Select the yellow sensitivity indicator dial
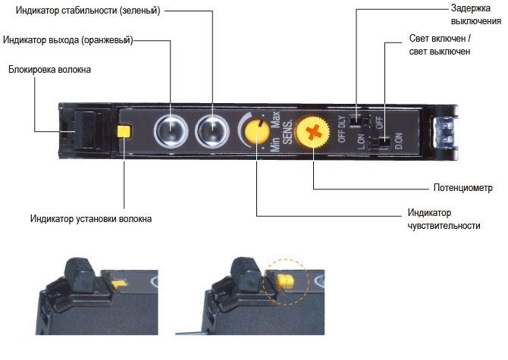pyautogui.click(x=257, y=131)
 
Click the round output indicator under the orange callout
pyautogui.click(x=171, y=131)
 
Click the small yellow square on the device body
pyautogui.click(x=124, y=131)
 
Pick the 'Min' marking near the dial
pyautogui.click(x=276, y=143)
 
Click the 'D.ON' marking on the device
pyautogui.click(x=399, y=142)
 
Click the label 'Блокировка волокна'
pyautogui.click(x=49, y=70)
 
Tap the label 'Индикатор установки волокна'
pyautogui.click(x=91, y=218)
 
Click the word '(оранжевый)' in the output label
pyautogui.click(x=106, y=39)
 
